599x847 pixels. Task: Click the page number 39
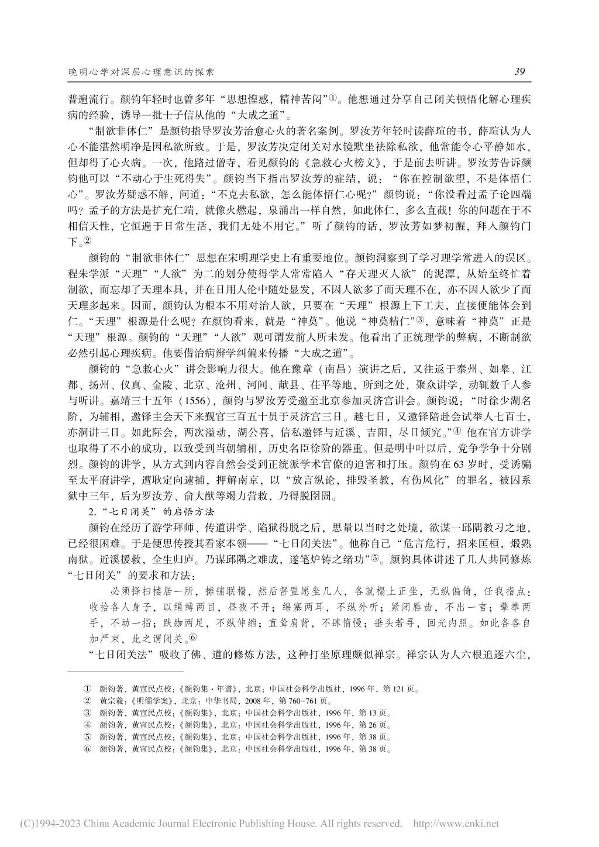519,73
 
